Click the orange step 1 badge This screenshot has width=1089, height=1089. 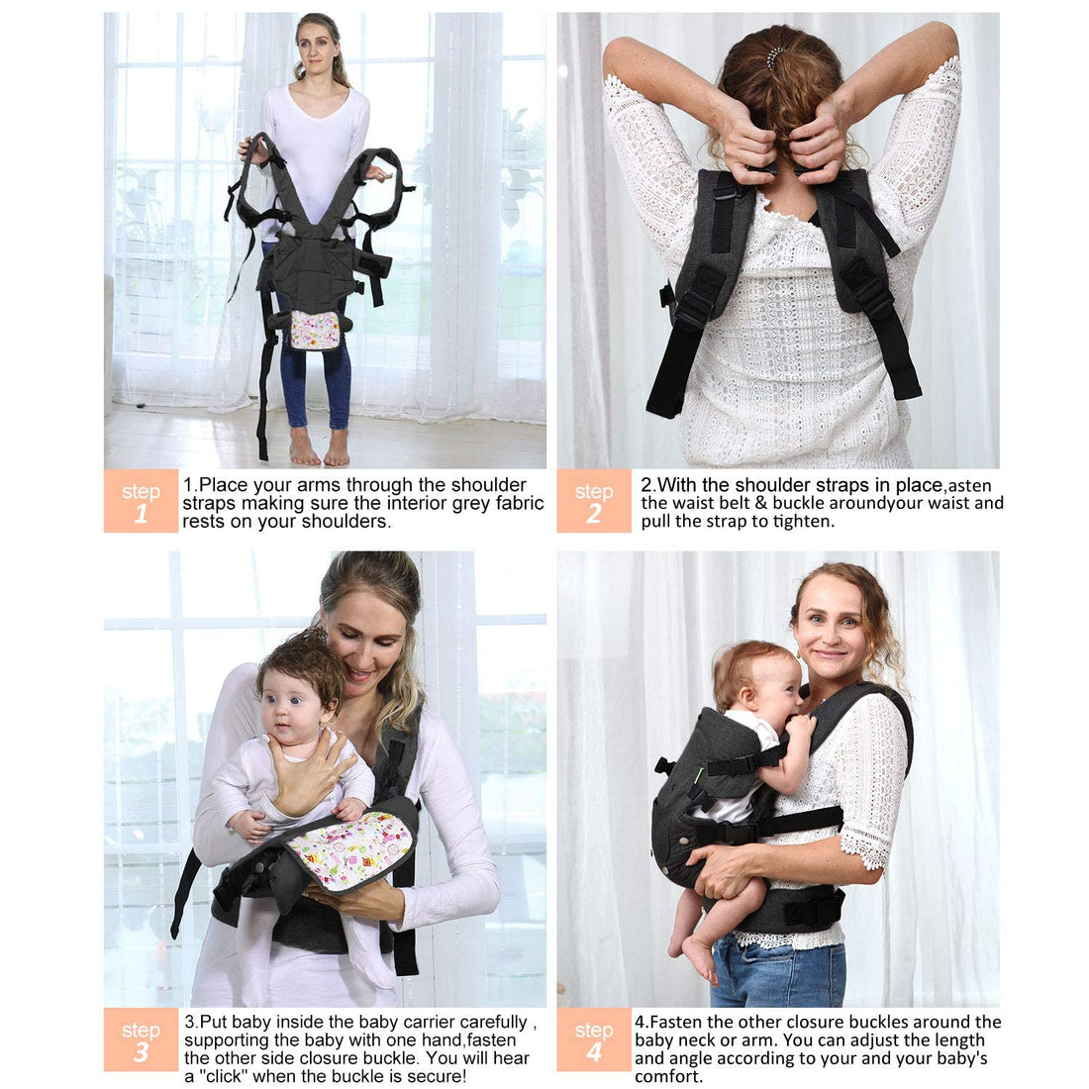pos(141,501)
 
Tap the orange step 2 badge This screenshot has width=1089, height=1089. pos(593,501)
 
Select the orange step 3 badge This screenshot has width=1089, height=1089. pos(141,1039)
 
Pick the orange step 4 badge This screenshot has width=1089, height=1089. pos(593,1039)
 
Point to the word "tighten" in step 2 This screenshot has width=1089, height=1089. pos(800,522)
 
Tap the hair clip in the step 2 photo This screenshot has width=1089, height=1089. pos(775,56)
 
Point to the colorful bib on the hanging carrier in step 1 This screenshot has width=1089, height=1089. pos(315,330)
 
